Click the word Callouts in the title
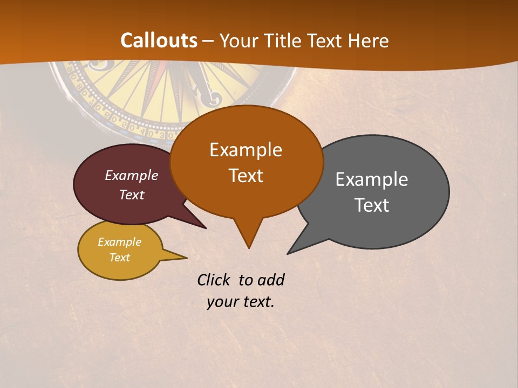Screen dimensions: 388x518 pyautogui.click(x=159, y=40)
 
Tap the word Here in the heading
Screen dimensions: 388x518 pyautogui.click(x=369, y=40)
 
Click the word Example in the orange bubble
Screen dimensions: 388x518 pyautogui.click(x=246, y=150)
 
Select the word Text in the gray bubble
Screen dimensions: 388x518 pyautogui.click(x=372, y=205)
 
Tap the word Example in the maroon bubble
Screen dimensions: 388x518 pyautogui.click(x=132, y=175)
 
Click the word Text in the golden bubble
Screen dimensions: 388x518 pyautogui.click(x=120, y=258)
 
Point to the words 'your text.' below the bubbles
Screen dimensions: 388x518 pyautogui.click(x=241, y=302)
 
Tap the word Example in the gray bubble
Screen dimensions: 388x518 pyautogui.click(x=372, y=179)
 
